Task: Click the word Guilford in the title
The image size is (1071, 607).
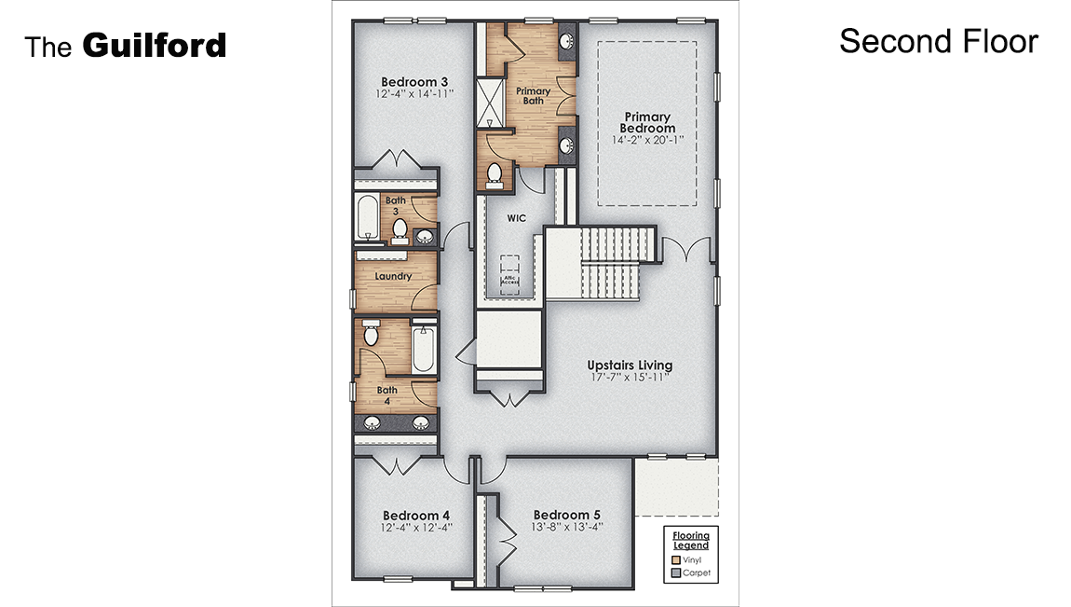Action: [155, 45]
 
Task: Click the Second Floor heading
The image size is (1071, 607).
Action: [938, 41]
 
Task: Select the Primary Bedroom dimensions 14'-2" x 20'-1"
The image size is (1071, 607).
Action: [647, 140]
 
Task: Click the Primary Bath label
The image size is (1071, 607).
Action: [533, 96]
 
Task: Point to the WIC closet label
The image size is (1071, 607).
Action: [517, 218]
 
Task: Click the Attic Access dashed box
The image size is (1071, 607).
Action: [509, 276]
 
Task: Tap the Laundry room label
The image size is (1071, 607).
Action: [393, 276]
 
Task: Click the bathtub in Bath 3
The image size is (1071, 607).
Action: [365, 218]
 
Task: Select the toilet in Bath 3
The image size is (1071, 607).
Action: [400, 229]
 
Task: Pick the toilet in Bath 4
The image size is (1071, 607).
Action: [370, 334]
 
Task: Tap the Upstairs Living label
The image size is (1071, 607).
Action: [629, 365]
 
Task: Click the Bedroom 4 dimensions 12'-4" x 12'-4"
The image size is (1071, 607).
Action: [415, 528]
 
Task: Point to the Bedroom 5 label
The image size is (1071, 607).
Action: [566, 515]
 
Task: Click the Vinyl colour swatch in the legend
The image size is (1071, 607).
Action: [676, 559]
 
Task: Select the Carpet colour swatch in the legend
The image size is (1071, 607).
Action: [676, 573]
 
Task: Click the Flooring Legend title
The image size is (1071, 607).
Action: [691, 540]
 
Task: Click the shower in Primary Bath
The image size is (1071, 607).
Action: [489, 103]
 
